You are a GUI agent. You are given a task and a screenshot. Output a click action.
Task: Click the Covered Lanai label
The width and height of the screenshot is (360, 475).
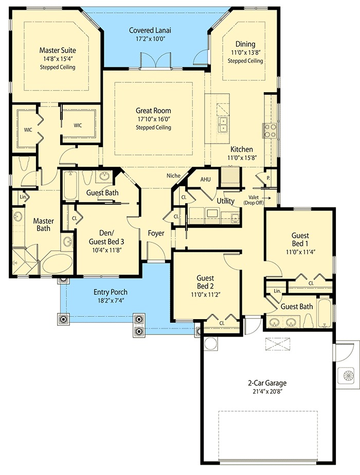(x=150, y=30)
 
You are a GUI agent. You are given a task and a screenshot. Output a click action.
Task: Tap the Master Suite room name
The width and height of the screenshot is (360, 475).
(x=58, y=50)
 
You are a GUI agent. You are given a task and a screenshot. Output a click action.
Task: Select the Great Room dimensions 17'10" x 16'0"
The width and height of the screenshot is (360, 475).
(x=153, y=119)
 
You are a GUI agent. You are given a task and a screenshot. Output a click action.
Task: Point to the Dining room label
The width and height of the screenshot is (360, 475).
(x=245, y=44)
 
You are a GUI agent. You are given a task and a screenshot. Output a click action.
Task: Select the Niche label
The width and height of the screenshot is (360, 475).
(x=173, y=175)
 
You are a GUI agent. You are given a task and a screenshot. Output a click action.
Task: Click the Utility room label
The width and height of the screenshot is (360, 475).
(x=225, y=200)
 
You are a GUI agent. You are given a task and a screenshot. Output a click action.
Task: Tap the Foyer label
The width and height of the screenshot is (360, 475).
(x=156, y=233)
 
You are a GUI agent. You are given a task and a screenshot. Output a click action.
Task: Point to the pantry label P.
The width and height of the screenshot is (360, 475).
(x=268, y=178)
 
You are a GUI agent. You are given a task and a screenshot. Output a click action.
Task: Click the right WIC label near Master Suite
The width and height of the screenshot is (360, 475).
(x=78, y=125)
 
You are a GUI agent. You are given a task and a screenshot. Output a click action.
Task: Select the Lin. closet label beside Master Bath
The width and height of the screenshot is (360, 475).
(x=23, y=197)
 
